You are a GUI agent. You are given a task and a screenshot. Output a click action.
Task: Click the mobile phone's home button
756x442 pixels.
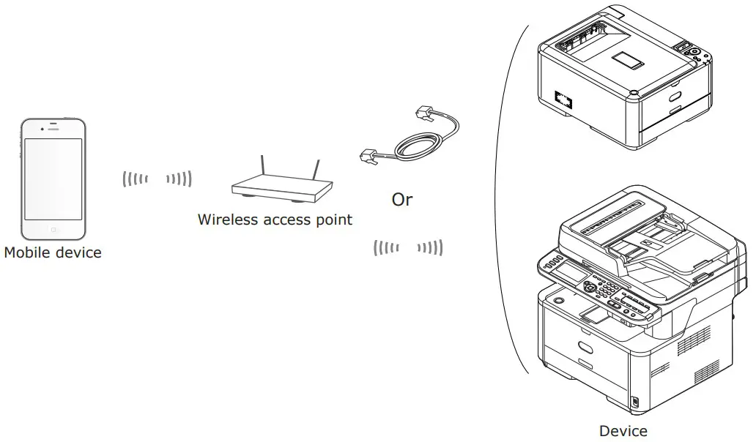click(x=53, y=229)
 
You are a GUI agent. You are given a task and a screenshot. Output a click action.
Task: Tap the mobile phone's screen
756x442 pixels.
click(x=53, y=178)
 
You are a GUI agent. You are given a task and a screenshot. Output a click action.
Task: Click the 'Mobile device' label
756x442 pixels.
click(x=53, y=253)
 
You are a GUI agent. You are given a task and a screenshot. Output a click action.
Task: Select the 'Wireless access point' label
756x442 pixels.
click(x=275, y=219)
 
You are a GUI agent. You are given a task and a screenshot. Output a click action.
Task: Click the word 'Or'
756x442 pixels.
click(x=402, y=200)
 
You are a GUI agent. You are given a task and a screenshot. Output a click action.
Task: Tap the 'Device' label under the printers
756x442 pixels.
click(x=623, y=431)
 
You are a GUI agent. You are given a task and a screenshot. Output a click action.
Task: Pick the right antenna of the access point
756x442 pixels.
click(x=316, y=170)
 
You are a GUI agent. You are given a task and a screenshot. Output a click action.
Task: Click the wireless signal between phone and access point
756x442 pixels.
click(x=157, y=178)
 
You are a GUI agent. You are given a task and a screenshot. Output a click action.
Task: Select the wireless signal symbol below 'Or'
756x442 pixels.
click(x=408, y=248)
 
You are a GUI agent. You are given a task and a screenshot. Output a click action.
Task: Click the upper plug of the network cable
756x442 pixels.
click(x=426, y=113)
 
